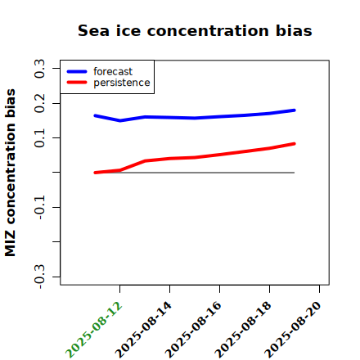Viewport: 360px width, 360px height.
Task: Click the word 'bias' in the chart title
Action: click(x=294, y=30)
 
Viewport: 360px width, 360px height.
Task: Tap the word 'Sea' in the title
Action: click(x=93, y=30)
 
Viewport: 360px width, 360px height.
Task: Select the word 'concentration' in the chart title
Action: click(x=208, y=31)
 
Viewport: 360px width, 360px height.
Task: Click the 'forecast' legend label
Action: click(x=113, y=71)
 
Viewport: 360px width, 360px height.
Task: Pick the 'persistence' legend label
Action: click(x=122, y=83)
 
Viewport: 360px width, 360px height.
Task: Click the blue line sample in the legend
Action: click(x=77, y=71)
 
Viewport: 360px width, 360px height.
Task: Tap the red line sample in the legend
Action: click(x=77, y=82)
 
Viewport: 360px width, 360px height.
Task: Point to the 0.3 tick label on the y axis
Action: click(x=39, y=69)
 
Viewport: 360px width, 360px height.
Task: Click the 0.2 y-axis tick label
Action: click(x=39, y=103)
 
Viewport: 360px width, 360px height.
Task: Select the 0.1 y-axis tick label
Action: click(x=39, y=138)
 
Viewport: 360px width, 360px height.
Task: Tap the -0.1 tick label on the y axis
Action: click(x=39, y=208)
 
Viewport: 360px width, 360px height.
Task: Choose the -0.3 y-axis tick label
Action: click(x=39, y=277)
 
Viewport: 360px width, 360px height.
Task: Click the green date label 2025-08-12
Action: click(x=94, y=330)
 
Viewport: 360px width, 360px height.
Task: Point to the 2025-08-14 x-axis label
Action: click(x=144, y=330)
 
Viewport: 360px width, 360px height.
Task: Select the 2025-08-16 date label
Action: click(x=194, y=330)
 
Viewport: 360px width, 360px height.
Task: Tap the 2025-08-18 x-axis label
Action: click(x=244, y=330)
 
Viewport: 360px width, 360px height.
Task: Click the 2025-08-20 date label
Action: click(x=294, y=330)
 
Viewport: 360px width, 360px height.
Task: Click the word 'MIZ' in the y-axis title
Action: click(x=10, y=244)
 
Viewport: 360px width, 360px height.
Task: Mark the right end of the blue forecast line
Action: click(x=295, y=110)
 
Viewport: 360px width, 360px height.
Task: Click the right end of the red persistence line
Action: click(x=295, y=144)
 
